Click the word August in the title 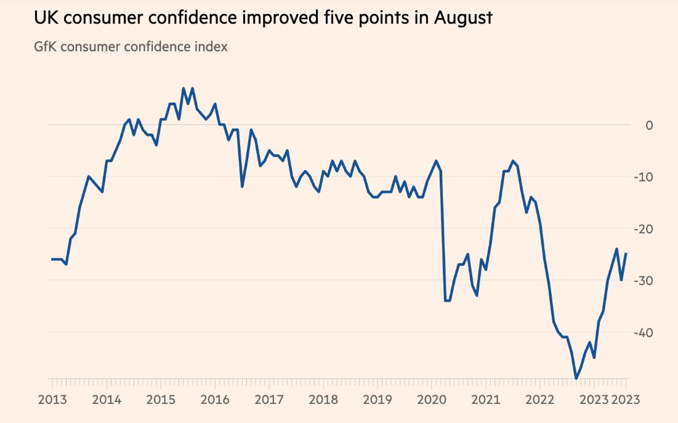click(x=463, y=17)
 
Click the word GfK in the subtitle click(x=47, y=46)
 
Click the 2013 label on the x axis click(x=53, y=400)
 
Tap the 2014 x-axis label click(x=107, y=400)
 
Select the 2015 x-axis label click(x=161, y=400)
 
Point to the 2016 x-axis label click(x=214, y=400)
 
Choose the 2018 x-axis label click(x=323, y=400)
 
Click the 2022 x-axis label click(x=539, y=400)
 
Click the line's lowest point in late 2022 click(x=576, y=379)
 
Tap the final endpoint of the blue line click(x=626, y=253)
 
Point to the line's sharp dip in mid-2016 click(x=242, y=186)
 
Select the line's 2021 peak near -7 click(x=512, y=161)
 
